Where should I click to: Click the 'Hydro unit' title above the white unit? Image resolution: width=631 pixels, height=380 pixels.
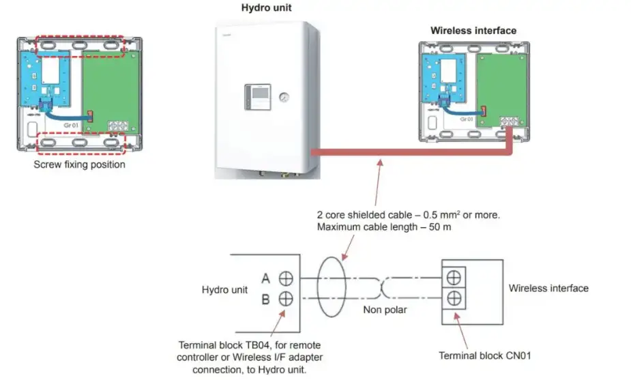265,8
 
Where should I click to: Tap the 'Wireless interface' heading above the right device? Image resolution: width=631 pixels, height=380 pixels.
473,31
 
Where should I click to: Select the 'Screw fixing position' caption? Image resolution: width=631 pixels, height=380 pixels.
79,164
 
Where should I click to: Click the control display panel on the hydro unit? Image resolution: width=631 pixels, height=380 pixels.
257,97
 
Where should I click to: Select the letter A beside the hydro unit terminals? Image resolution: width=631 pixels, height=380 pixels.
265,278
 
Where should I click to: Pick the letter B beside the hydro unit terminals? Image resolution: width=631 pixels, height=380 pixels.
265,298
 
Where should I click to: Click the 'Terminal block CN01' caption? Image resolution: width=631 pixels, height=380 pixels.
484,355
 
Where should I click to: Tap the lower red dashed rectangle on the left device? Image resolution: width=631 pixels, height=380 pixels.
80,142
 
